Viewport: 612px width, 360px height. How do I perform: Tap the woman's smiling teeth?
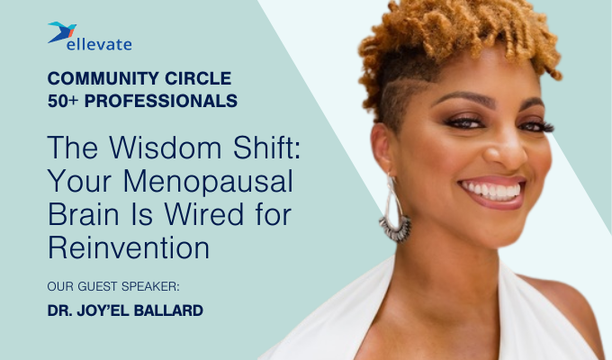tap(492, 190)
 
